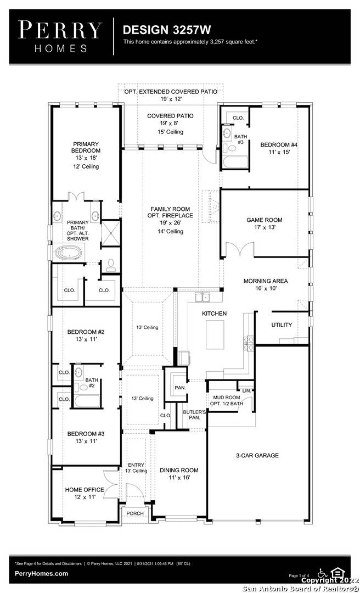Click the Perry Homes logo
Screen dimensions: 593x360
[60, 36]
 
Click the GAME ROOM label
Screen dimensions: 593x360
[264, 220]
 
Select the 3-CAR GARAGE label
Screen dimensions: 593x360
[257, 455]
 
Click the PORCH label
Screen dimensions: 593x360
[135, 513]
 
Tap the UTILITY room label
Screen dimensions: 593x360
[282, 325]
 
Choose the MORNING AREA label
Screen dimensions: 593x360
[266, 281]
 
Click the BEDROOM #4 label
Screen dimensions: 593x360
[279, 144]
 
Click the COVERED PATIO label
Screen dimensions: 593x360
[170, 116]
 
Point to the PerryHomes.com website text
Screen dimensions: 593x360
[42, 574]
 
